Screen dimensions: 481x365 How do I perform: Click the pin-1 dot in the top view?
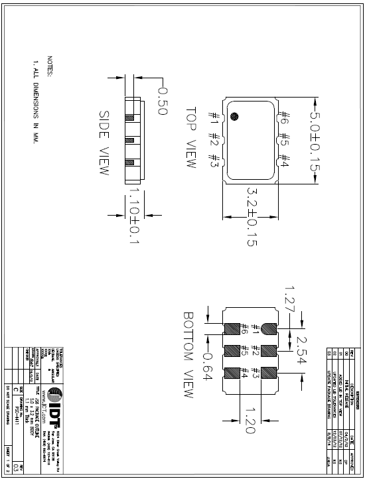(234, 117)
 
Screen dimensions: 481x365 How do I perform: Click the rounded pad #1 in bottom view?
(269, 329)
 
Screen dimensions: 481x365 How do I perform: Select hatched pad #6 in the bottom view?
(233, 329)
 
